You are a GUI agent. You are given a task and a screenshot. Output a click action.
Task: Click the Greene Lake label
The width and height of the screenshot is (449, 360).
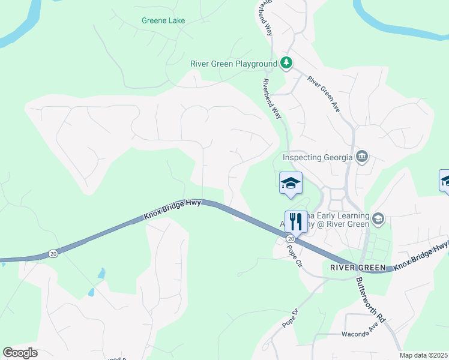pos(163,20)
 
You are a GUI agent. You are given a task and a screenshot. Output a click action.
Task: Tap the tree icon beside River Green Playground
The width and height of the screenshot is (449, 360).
pos(287,63)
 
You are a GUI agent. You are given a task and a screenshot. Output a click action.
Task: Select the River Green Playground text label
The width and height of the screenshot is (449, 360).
pos(234,64)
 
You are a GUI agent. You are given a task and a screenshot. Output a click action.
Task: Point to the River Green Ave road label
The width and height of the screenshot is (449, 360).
pos(324,94)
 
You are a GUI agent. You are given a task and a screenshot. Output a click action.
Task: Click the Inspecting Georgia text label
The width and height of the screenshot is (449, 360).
pos(318,158)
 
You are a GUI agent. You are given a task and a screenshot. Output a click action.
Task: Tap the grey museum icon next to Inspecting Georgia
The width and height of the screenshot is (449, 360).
pos(362,157)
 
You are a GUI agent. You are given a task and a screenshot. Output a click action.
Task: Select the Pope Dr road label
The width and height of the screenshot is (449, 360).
pos(290,318)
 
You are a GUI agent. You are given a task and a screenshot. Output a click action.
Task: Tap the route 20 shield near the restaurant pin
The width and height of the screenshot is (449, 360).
pos(291,239)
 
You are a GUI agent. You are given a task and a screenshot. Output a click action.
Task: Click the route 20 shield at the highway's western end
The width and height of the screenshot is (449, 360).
pos(53,254)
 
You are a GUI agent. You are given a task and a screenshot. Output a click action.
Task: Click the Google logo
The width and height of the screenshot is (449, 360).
pos(20,353)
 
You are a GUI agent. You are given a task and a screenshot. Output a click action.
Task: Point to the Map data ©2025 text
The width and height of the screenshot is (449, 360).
pos(423,355)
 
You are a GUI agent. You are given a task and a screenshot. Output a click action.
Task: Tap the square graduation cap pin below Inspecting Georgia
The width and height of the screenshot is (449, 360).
pos(290,184)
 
